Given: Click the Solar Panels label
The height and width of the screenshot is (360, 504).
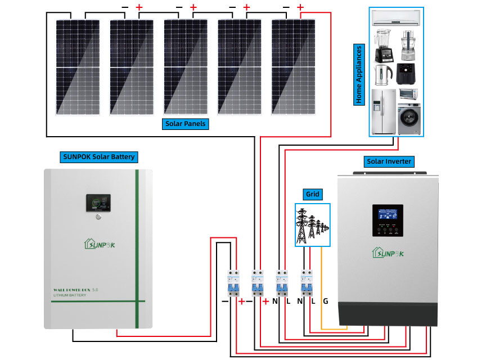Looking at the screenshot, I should point(185,124).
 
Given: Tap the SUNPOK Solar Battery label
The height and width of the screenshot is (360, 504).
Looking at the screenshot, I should point(98,156).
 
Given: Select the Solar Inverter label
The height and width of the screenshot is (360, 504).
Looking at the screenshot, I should point(389,161).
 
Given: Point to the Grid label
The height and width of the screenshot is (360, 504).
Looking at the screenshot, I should point(312,195).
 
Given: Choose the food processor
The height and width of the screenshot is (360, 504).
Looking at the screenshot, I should point(408,46).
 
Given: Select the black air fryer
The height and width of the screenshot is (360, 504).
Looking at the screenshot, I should point(407,74).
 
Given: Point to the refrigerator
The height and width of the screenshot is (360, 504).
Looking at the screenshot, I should point(383,110).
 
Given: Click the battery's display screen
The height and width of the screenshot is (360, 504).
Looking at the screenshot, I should point(98,203).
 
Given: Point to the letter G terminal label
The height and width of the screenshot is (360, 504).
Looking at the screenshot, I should point(325,301).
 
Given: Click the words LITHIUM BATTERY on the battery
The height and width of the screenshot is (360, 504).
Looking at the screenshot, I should point(73,295).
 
